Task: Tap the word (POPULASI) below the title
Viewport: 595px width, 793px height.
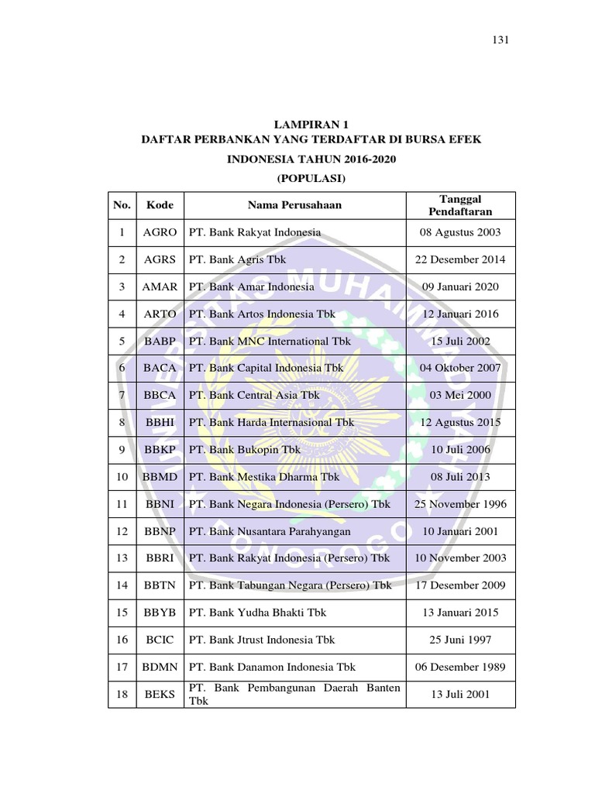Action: (x=311, y=178)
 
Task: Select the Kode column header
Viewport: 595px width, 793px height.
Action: (x=160, y=205)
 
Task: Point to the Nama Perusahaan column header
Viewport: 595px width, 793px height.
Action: (x=294, y=205)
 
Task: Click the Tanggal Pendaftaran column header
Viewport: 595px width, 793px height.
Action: (x=460, y=205)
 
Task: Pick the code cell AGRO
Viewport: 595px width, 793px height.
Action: (x=160, y=232)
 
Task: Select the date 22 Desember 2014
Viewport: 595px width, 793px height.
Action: (x=460, y=259)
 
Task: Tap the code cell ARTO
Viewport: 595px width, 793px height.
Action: (x=160, y=314)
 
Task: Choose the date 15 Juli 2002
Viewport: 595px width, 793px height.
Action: (x=460, y=341)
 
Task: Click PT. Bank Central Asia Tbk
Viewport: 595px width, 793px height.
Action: (x=254, y=395)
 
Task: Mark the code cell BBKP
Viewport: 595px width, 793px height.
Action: (x=160, y=449)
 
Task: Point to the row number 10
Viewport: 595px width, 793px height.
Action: (x=122, y=477)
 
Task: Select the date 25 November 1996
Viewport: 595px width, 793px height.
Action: (x=460, y=504)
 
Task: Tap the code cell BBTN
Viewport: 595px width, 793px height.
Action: (x=160, y=585)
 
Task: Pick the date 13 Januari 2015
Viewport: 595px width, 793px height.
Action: (x=460, y=613)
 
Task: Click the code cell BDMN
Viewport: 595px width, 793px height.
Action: (x=160, y=667)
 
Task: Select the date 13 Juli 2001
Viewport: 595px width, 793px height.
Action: (x=460, y=695)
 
